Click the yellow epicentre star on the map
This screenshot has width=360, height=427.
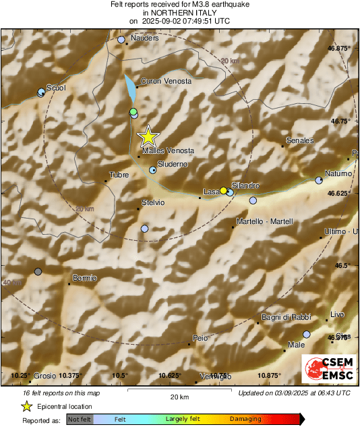coord(148,137)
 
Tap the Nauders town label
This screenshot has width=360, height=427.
coord(144,38)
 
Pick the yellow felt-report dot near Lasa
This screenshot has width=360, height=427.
coord(223,191)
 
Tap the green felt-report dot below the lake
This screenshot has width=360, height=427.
coord(133,111)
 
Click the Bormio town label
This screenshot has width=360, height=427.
coord(85,279)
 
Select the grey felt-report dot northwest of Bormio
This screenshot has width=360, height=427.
coord(38,271)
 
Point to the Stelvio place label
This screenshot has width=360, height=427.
coord(154,202)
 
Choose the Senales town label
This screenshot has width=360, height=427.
coord(300,140)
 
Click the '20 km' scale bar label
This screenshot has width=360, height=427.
coord(179,396)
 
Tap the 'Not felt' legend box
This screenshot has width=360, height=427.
coord(80,419)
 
